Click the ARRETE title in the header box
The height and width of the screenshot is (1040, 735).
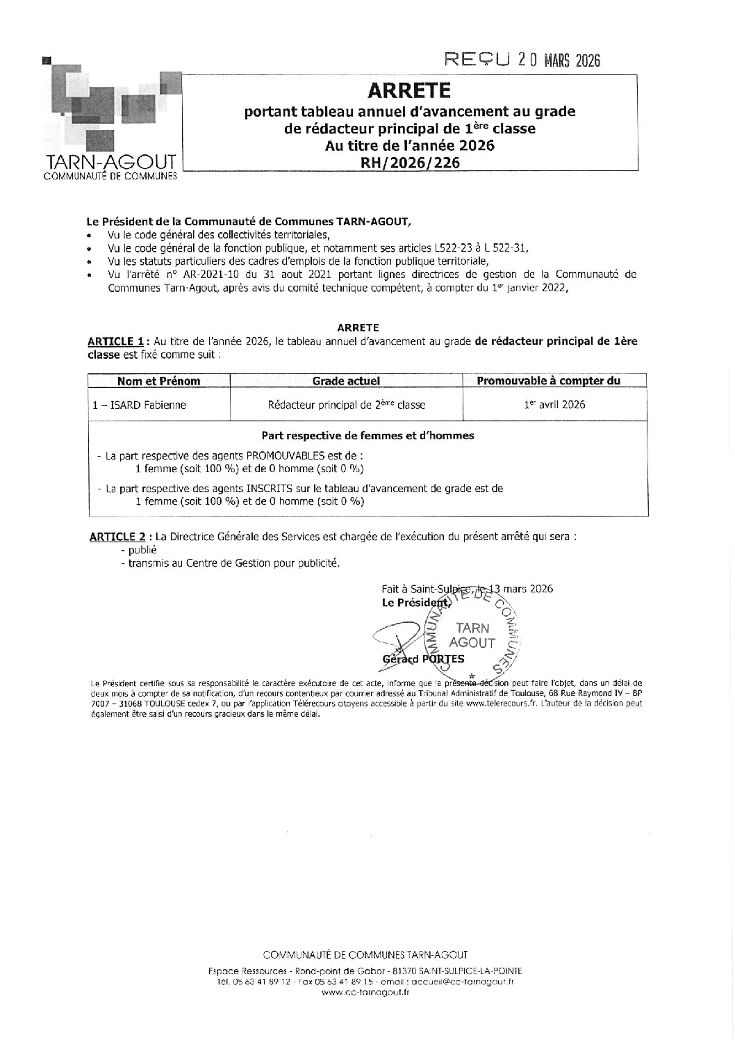click(409, 90)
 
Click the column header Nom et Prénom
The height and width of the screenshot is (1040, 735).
click(158, 380)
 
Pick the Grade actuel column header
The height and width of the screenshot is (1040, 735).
click(346, 380)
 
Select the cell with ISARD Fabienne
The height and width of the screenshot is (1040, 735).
click(140, 405)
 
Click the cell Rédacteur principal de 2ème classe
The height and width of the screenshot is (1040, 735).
click(346, 405)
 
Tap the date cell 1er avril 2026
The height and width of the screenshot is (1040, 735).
click(554, 405)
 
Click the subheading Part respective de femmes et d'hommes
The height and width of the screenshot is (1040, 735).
click(367, 435)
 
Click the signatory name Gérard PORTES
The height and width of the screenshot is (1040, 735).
click(423, 659)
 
